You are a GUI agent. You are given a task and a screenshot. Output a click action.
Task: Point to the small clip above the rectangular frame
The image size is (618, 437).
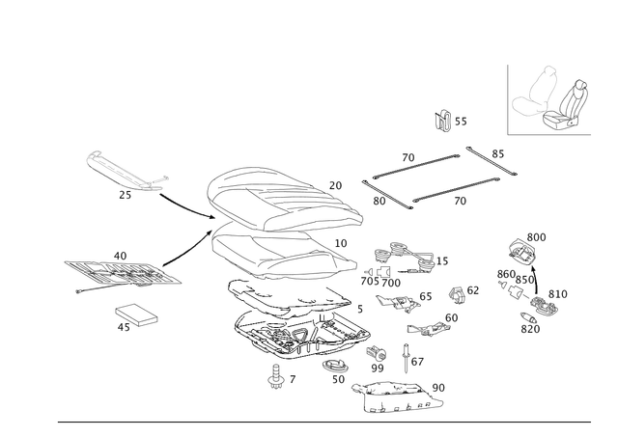tap(446, 121)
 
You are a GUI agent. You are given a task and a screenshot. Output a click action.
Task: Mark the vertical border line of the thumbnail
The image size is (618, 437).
tap(506, 101)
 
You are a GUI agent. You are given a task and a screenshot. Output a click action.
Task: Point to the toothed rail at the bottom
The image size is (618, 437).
tap(396, 393)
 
